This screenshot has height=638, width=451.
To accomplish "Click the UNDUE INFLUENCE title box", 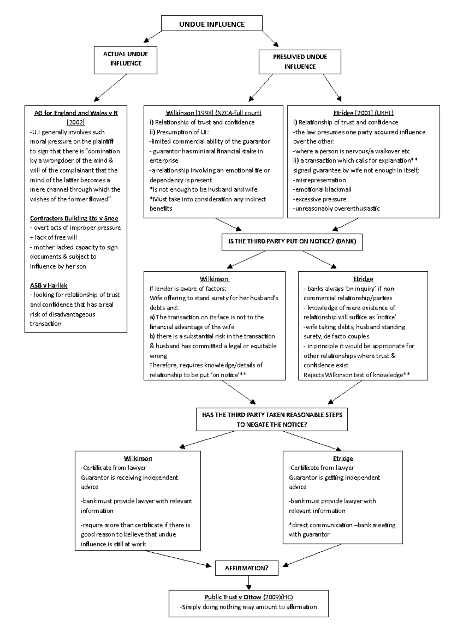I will [212, 24].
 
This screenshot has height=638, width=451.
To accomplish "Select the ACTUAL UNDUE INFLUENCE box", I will [126, 59].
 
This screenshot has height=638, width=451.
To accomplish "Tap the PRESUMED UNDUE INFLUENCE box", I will [300, 62].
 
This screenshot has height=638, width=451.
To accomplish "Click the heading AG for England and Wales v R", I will [76, 113].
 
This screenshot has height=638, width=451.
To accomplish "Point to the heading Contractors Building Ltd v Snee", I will [74, 218].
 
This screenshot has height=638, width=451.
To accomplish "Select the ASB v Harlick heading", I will [48, 285].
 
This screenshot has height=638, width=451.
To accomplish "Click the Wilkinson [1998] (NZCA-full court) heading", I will [213, 113].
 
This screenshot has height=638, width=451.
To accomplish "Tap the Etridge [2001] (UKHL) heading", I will [363, 113].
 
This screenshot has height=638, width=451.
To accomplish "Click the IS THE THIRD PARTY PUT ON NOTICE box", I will [292, 241].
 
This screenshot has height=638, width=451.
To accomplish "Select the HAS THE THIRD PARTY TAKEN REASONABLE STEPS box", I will [272, 419].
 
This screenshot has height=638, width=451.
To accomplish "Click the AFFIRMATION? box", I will [247, 568].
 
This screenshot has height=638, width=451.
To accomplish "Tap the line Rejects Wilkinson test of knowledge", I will [356, 375].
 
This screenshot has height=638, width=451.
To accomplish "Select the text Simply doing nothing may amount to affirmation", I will [248, 607].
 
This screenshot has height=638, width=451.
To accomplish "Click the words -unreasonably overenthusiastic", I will [336, 209].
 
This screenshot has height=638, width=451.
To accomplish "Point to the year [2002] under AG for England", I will [76, 122].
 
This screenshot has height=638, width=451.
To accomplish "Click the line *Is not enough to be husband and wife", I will [204, 189].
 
